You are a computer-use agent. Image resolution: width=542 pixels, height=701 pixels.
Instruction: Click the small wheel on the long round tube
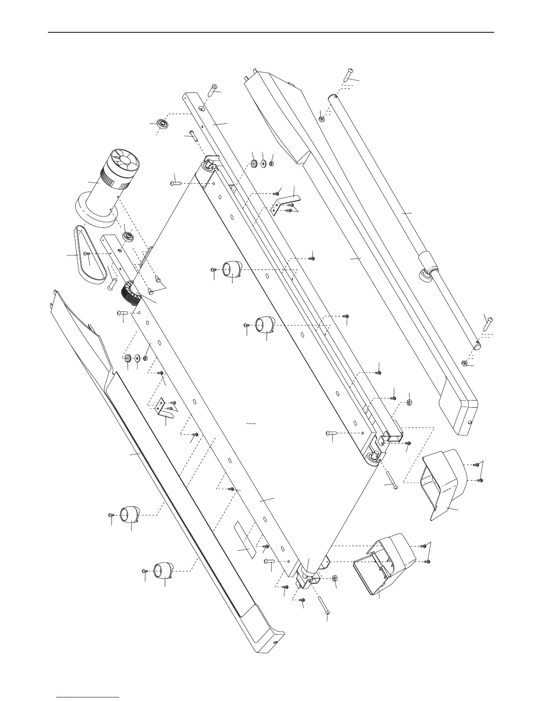pyautogui.click(x=426, y=276)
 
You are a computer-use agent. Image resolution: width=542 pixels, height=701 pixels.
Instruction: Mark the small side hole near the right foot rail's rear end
pyautogui.click(x=469, y=423)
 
